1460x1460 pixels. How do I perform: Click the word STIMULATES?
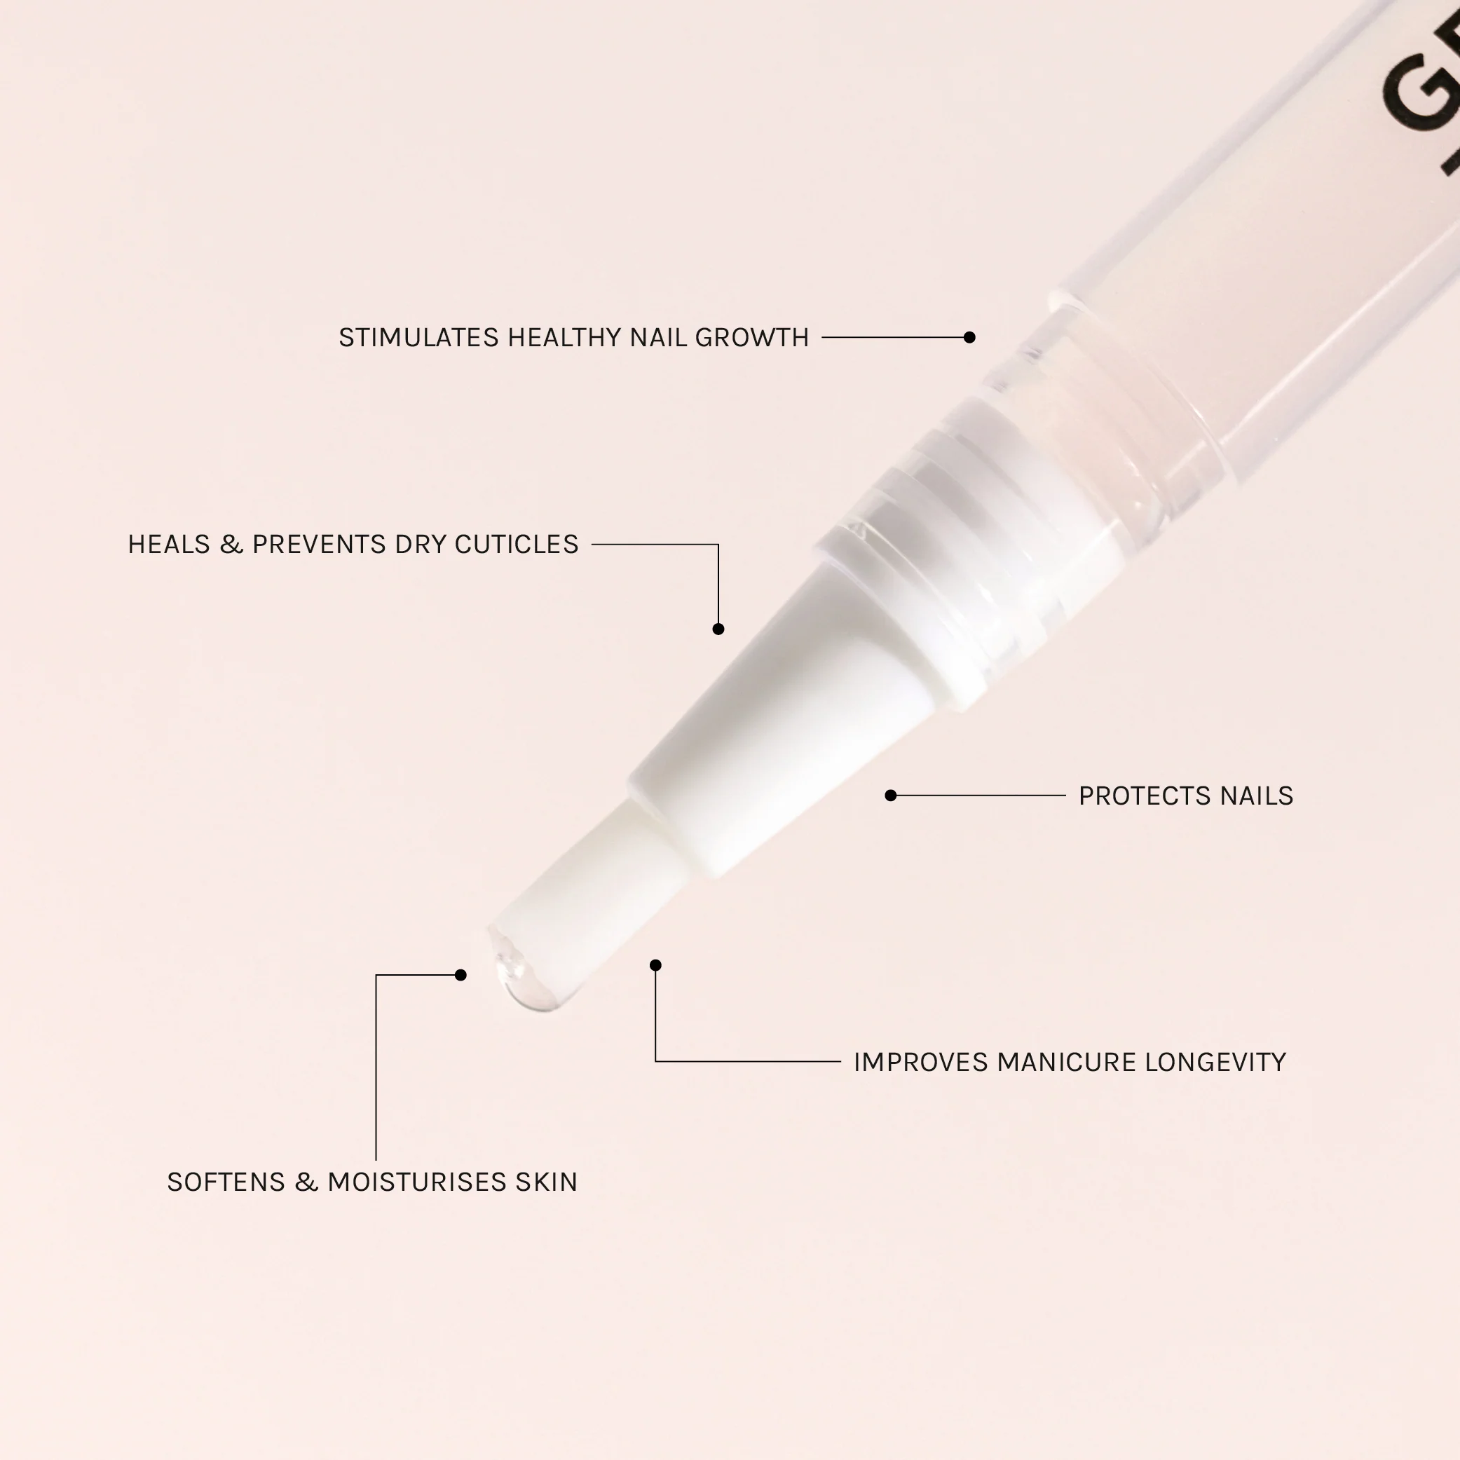pos(418,338)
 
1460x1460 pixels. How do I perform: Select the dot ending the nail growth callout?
pos(969,337)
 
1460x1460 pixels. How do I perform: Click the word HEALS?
pos(168,545)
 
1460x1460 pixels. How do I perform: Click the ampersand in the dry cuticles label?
pos(231,545)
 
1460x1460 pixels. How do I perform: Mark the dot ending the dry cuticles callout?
pos(718,629)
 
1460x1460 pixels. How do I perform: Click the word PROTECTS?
pos(1135,796)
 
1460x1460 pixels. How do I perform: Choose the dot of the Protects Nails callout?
pos(891,795)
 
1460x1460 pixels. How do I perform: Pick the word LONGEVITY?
pos(1215,1063)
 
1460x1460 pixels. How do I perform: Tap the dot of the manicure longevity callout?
pos(656,965)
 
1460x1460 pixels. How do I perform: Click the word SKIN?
pos(547,1182)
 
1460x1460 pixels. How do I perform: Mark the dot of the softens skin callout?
pos(461,975)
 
